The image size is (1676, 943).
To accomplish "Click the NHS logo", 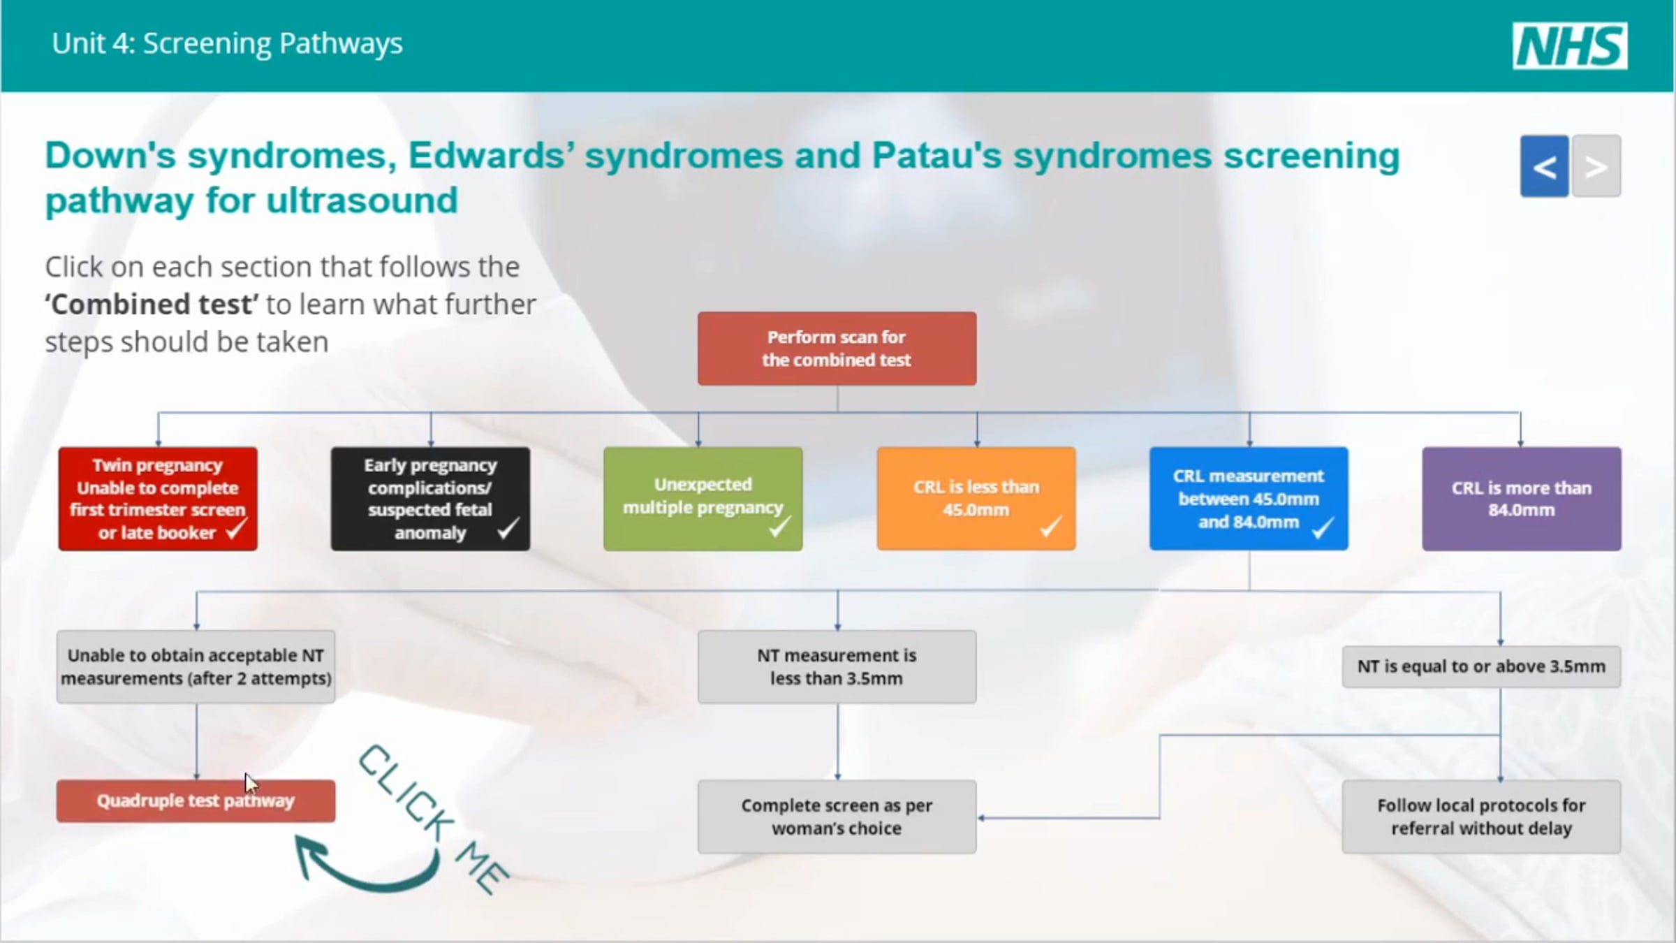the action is click(1570, 46).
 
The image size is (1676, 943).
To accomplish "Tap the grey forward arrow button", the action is click(1596, 166).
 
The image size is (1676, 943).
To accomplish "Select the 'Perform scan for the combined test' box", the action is click(837, 349).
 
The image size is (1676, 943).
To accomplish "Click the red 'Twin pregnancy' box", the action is click(158, 499).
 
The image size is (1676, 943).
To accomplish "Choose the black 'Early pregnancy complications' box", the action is click(430, 499).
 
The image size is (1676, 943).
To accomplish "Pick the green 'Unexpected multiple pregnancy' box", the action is click(703, 499).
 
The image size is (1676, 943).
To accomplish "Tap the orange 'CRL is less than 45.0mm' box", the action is click(976, 499).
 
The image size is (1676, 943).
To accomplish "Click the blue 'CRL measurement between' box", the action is click(1249, 499).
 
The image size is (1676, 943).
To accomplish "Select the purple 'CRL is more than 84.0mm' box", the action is click(1522, 499).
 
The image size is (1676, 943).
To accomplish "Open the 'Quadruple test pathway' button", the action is click(196, 801).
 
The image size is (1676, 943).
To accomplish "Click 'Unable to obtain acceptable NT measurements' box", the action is click(196, 666).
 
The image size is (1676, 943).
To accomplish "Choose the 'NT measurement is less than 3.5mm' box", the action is click(837, 666).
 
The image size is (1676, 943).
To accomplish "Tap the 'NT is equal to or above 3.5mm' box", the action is click(1481, 666).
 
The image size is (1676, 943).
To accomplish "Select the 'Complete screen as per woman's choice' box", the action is click(837, 817).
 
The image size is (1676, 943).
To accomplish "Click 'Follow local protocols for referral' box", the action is click(1481, 817).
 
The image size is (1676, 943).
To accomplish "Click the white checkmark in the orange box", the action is click(1050, 526).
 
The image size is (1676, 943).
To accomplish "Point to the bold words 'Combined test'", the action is click(152, 305).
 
